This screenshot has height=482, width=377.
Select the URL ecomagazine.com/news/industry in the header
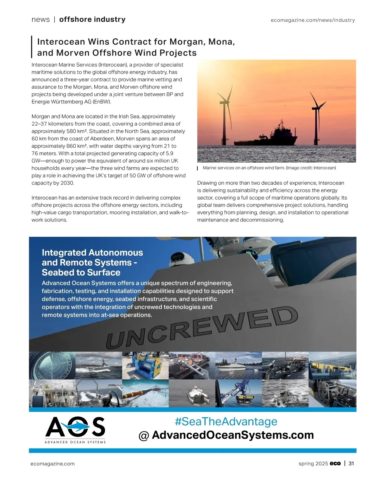[x=313, y=20]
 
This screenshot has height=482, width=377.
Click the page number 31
[x=351, y=463]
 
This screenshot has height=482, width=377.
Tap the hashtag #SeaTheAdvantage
[x=226, y=421]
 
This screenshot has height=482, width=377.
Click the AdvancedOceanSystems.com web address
[x=232, y=435]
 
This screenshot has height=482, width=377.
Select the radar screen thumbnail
[x=52, y=366]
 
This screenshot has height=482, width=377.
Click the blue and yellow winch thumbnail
[x=145, y=366]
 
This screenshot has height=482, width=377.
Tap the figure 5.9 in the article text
[x=169, y=154]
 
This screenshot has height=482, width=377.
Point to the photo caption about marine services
[x=269, y=168]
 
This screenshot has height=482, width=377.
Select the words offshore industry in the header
[x=92, y=19]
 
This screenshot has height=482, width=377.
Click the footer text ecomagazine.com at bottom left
[x=52, y=464]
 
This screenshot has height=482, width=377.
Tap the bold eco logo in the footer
[x=335, y=463]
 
